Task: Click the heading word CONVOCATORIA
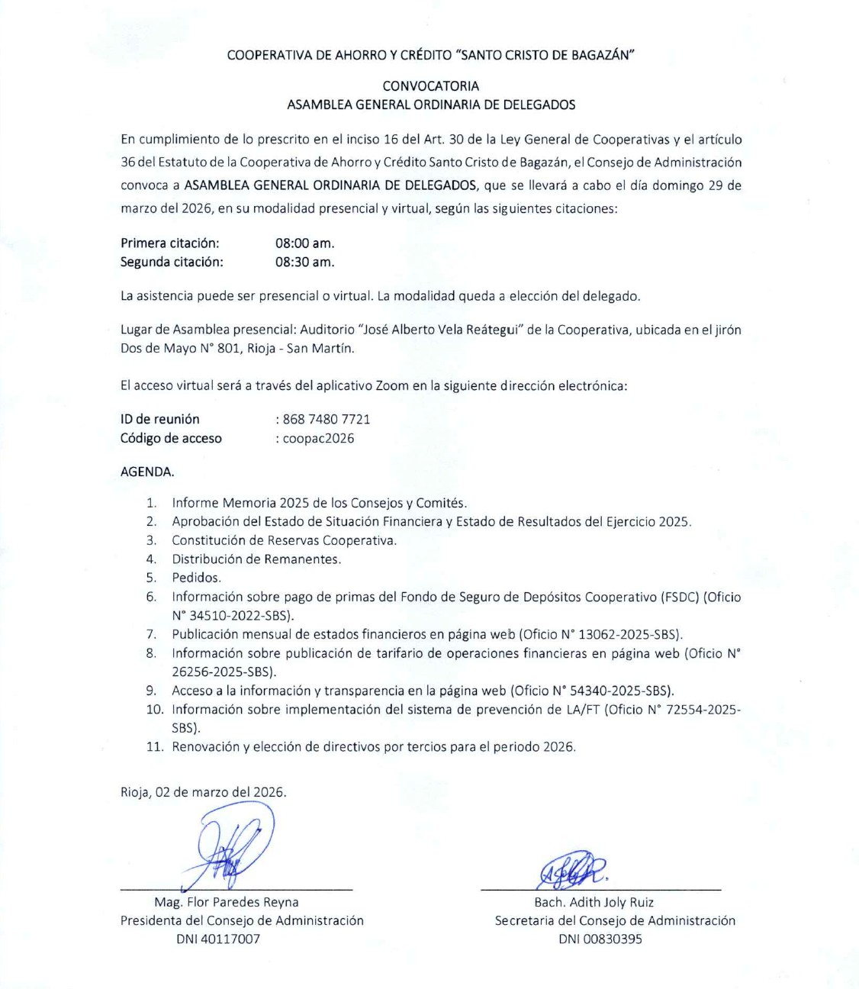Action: pos(431,86)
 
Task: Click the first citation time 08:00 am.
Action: pos(304,243)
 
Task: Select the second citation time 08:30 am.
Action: pos(304,263)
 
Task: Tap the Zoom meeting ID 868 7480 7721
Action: pos(327,419)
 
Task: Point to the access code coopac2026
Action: pos(318,438)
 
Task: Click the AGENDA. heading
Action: pos(147,472)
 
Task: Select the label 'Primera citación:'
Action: pos(170,243)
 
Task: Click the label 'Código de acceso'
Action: pos(171,438)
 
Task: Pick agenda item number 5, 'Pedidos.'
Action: pos(196,578)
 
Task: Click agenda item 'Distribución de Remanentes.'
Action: pos(256,559)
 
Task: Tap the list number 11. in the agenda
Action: pos(155,747)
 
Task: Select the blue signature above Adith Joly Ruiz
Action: pos(572,869)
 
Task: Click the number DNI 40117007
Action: pos(218,939)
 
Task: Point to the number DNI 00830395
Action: pos(600,939)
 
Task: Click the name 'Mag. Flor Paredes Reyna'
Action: pos(227,902)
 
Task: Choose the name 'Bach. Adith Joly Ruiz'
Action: pos(594,902)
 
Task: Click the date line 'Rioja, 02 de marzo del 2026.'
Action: pos(204,792)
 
